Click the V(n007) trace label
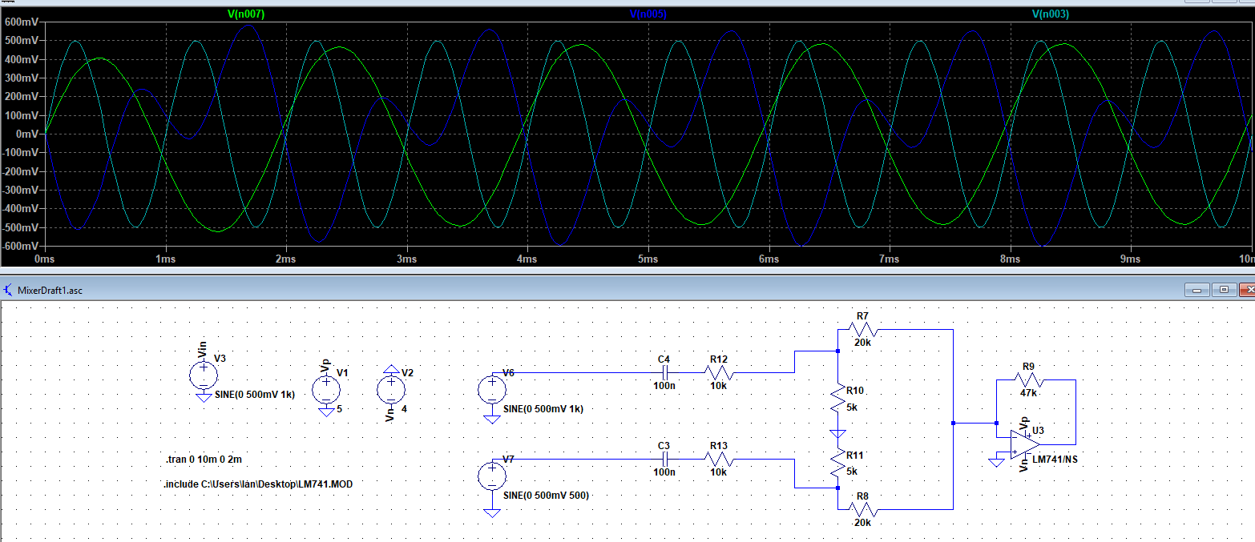pos(246,14)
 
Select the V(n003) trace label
pos(1050,14)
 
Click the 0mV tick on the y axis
pos(27,134)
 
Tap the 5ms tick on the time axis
pos(648,259)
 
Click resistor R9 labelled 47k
pos(1028,380)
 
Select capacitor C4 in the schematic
pos(664,372)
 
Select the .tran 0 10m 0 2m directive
pos(204,460)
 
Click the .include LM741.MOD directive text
pos(257,484)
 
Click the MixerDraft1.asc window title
pos(50,290)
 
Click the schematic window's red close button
pos(1246,290)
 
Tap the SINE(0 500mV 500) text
pos(546,496)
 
